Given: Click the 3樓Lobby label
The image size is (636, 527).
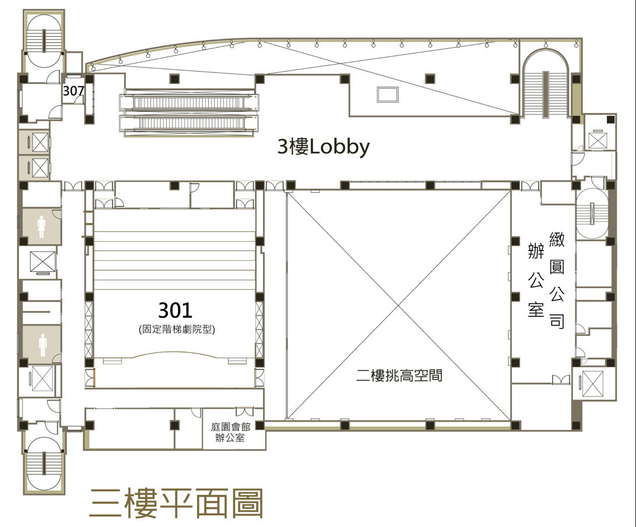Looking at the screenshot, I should (323, 147).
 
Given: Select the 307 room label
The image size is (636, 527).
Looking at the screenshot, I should (73, 91).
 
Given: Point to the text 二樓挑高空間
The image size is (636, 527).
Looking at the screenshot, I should (399, 376).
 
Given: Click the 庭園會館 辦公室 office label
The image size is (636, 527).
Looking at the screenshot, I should (230, 433).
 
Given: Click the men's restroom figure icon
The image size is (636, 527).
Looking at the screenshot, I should (43, 344).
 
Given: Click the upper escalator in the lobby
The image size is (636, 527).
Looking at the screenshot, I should (189, 102).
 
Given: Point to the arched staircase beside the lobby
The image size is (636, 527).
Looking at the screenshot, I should (546, 84).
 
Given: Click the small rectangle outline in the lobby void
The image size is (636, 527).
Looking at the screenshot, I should (387, 95).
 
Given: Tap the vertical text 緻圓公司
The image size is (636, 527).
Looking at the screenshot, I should (557, 280).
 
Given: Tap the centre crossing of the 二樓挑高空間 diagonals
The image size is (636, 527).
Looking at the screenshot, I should (399, 305).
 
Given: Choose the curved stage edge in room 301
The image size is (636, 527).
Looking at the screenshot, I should (175, 355).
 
